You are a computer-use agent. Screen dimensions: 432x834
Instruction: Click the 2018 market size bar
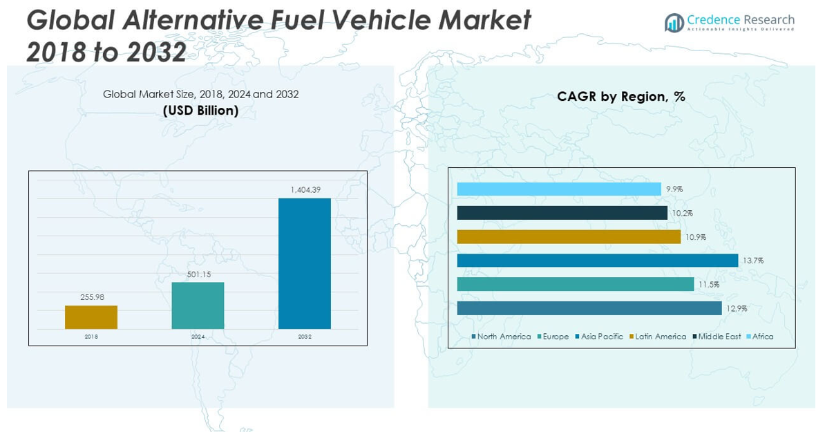91,317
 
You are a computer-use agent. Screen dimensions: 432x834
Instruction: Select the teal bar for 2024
198,306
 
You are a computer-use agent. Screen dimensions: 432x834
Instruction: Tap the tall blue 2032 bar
304,263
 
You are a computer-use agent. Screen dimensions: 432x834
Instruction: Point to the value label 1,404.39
305,190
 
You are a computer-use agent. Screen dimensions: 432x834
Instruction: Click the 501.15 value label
198,274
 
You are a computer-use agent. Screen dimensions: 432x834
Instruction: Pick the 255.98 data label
91,297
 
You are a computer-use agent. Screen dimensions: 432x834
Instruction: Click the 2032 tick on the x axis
305,337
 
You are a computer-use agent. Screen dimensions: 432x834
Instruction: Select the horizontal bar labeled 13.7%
598,260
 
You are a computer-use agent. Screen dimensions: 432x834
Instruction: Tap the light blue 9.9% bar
559,189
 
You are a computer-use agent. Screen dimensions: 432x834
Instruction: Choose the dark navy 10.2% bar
562,213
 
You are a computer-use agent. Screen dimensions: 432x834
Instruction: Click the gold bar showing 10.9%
569,236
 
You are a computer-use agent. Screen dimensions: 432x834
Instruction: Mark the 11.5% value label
708,284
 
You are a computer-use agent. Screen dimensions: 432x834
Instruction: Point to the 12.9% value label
737,308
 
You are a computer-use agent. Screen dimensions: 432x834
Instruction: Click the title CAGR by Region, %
621,97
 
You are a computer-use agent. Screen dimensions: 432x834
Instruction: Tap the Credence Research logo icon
674,23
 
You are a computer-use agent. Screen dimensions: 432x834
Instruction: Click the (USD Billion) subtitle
200,111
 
